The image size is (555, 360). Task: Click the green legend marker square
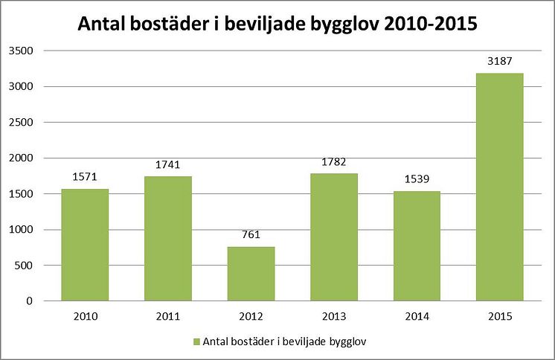pos(197,341)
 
